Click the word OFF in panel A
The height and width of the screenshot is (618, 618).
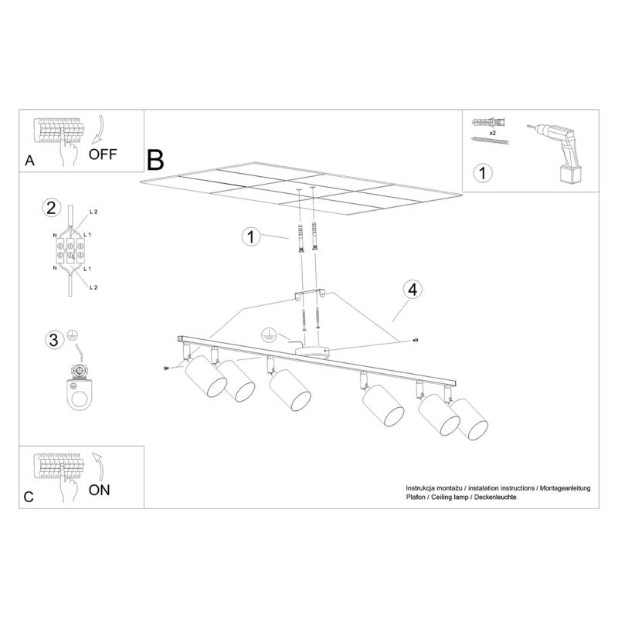pos(103,153)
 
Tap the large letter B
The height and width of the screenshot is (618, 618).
pos(155,160)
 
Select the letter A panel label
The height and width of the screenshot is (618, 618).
pos(29,161)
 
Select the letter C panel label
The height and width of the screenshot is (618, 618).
pos(29,497)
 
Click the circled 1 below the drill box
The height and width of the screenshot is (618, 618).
pos(481,172)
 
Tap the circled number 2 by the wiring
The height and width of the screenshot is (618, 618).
pos(52,208)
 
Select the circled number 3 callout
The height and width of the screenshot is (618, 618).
pos(53,339)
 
